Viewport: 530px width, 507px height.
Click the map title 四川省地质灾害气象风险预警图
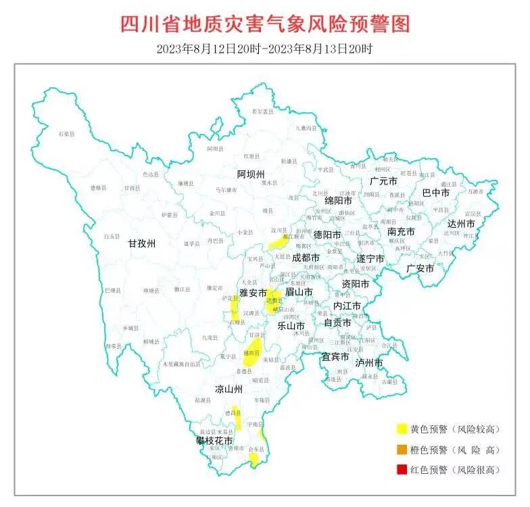click(265, 24)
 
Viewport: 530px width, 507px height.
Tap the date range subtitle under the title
click(265, 49)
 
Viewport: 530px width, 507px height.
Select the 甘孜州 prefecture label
click(142, 245)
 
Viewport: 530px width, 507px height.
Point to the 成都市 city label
click(305, 258)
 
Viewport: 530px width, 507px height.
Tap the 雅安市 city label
click(253, 293)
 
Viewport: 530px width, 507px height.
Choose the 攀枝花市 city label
click(214, 441)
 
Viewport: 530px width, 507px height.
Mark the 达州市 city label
click(462, 224)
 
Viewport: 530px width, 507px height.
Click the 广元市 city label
click(383, 181)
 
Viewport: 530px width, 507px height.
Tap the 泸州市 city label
click(369, 363)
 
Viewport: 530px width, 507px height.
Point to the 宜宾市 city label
click(335, 356)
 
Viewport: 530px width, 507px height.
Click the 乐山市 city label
click(291, 325)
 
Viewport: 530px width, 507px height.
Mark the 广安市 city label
click(420, 268)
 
